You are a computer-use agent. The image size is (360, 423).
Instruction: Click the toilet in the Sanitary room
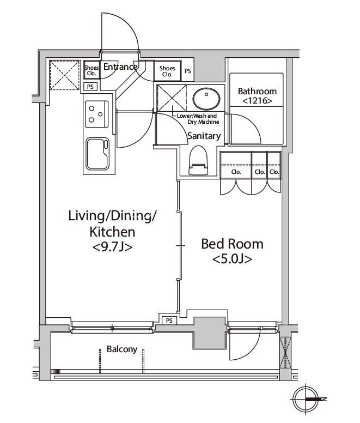199,160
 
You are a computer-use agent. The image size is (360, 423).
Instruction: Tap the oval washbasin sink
206,98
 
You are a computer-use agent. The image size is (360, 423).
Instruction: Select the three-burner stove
97,114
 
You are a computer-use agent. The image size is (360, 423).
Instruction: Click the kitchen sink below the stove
97,154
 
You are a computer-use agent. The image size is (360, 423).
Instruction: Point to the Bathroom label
257,91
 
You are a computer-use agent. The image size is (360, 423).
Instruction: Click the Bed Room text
232,244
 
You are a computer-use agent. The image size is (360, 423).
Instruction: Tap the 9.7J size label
112,247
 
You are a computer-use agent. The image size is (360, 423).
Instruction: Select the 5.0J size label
232,259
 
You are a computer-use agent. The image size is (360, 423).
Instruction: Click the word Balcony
122,349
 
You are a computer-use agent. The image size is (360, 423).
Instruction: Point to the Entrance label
120,67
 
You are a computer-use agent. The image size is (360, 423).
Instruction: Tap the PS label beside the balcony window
169,321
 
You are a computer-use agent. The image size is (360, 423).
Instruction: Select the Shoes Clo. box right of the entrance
167,71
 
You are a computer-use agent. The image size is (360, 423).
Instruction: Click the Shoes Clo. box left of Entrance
91,70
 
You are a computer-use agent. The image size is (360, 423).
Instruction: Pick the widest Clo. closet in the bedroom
236,165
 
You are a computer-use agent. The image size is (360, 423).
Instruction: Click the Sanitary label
204,136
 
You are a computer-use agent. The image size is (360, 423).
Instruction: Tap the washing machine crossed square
172,98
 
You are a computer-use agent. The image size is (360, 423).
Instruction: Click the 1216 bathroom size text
257,101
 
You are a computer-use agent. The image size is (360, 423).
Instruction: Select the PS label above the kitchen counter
90,87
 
